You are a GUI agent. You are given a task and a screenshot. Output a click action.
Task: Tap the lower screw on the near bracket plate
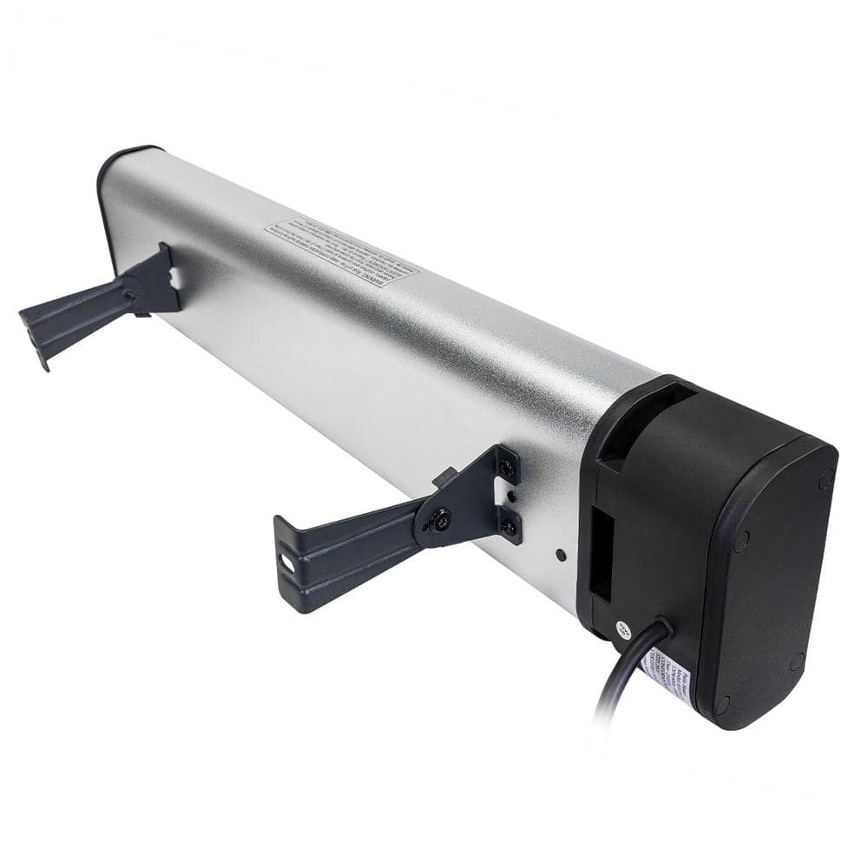pyautogui.click(x=510, y=527)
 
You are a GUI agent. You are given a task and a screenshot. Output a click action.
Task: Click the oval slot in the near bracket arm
pyautogui.click(x=286, y=562)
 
